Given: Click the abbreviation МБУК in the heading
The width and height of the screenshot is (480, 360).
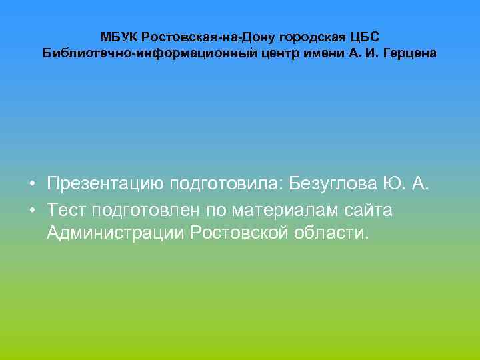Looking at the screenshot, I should click(x=119, y=36).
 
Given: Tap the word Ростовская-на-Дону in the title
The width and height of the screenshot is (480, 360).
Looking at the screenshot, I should click(x=195, y=36).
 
